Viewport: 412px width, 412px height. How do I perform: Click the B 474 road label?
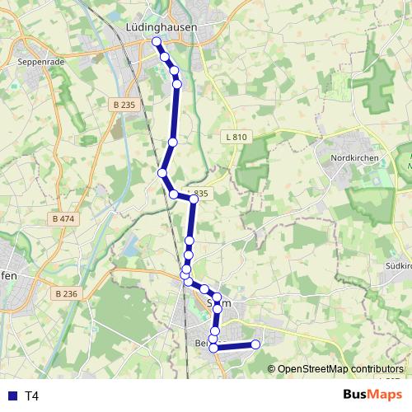tap(62, 219)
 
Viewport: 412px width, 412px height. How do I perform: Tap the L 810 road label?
tap(235, 138)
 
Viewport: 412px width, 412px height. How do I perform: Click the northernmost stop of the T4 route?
tap(157, 40)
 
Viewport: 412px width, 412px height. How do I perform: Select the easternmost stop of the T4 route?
tap(255, 344)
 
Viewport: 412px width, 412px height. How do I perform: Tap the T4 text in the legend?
tap(32, 396)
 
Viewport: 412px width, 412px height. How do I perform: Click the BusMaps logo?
tap(372, 395)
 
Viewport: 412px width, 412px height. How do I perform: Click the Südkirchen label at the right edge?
tap(398, 266)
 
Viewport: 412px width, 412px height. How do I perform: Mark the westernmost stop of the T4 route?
tap(162, 173)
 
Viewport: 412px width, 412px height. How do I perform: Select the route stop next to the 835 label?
tap(194, 199)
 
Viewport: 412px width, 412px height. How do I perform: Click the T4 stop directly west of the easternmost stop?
tap(213, 348)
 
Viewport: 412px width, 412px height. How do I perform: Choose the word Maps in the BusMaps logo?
tap(388, 395)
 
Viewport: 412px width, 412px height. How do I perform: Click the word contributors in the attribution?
tap(375, 369)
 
